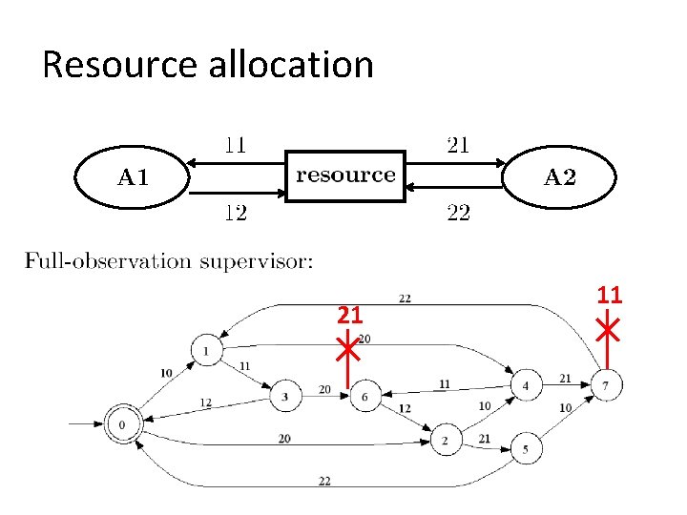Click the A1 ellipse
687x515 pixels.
pos(133,176)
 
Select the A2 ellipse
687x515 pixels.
pos(559,176)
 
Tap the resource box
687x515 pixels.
pos(345,175)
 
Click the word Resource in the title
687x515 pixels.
pos(117,65)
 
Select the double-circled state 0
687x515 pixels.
pos(122,423)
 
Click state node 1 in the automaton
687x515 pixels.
pos(206,351)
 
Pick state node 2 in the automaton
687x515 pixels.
pos(445,441)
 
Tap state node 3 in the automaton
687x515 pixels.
pos(284,397)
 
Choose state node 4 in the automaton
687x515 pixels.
pos(525,386)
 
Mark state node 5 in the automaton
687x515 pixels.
pos(526,447)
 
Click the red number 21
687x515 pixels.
pos(350,314)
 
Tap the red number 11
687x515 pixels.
pos(610,296)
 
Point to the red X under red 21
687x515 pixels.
pos(347,349)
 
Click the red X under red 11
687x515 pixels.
pos(608,330)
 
